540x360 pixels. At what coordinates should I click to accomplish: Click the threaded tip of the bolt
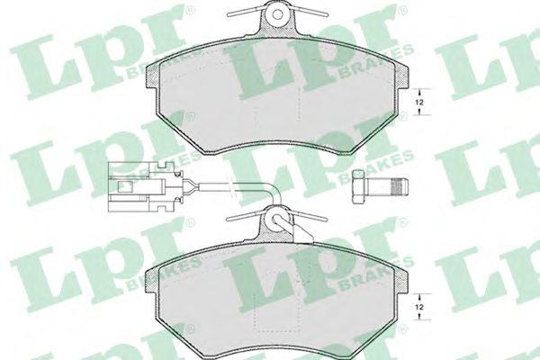pos(397,186)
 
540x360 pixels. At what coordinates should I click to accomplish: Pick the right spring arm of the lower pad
pos(315,217)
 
